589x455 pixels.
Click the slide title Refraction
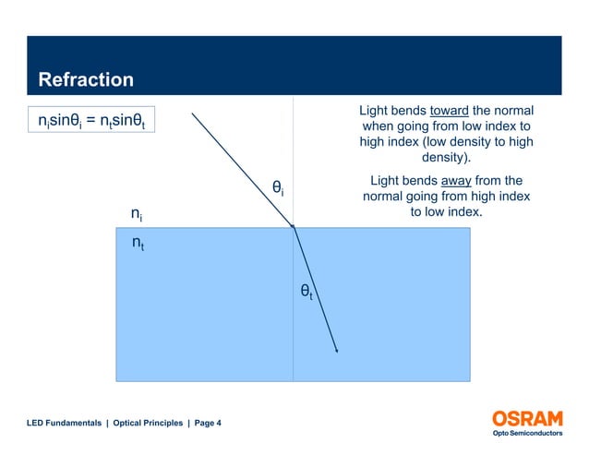[x=85, y=80]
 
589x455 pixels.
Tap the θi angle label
[x=277, y=188]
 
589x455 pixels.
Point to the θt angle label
[x=307, y=293]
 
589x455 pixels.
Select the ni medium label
[x=136, y=214]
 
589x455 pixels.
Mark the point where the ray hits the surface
[x=294, y=227]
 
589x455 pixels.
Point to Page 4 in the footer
[x=208, y=423]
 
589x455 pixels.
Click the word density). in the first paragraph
[x=446, y=158]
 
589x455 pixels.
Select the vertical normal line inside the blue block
[x=294, y=341]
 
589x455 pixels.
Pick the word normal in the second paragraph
[x=387, y=197]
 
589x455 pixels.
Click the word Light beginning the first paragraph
[x=377, y=111]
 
